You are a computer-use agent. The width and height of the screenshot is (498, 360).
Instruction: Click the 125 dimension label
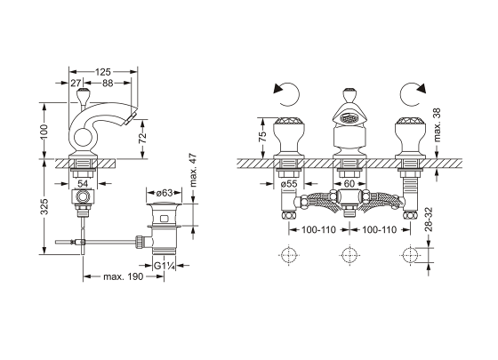pos(103,72)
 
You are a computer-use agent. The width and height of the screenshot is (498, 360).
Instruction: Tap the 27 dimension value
pos(76,84)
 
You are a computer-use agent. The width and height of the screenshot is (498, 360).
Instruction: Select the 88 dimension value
pos(108,84)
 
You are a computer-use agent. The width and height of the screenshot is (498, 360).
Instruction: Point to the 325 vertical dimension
pos(44,206)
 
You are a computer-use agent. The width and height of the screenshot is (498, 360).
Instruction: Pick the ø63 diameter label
pos(165,193)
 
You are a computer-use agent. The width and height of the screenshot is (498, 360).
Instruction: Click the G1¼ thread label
pos(165,266)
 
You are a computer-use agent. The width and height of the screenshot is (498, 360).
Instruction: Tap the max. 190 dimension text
pos(124,276)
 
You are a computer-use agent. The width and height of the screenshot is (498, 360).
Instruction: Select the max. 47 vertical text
pos(193,171)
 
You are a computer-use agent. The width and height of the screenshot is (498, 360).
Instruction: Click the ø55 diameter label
pos(289,183)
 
